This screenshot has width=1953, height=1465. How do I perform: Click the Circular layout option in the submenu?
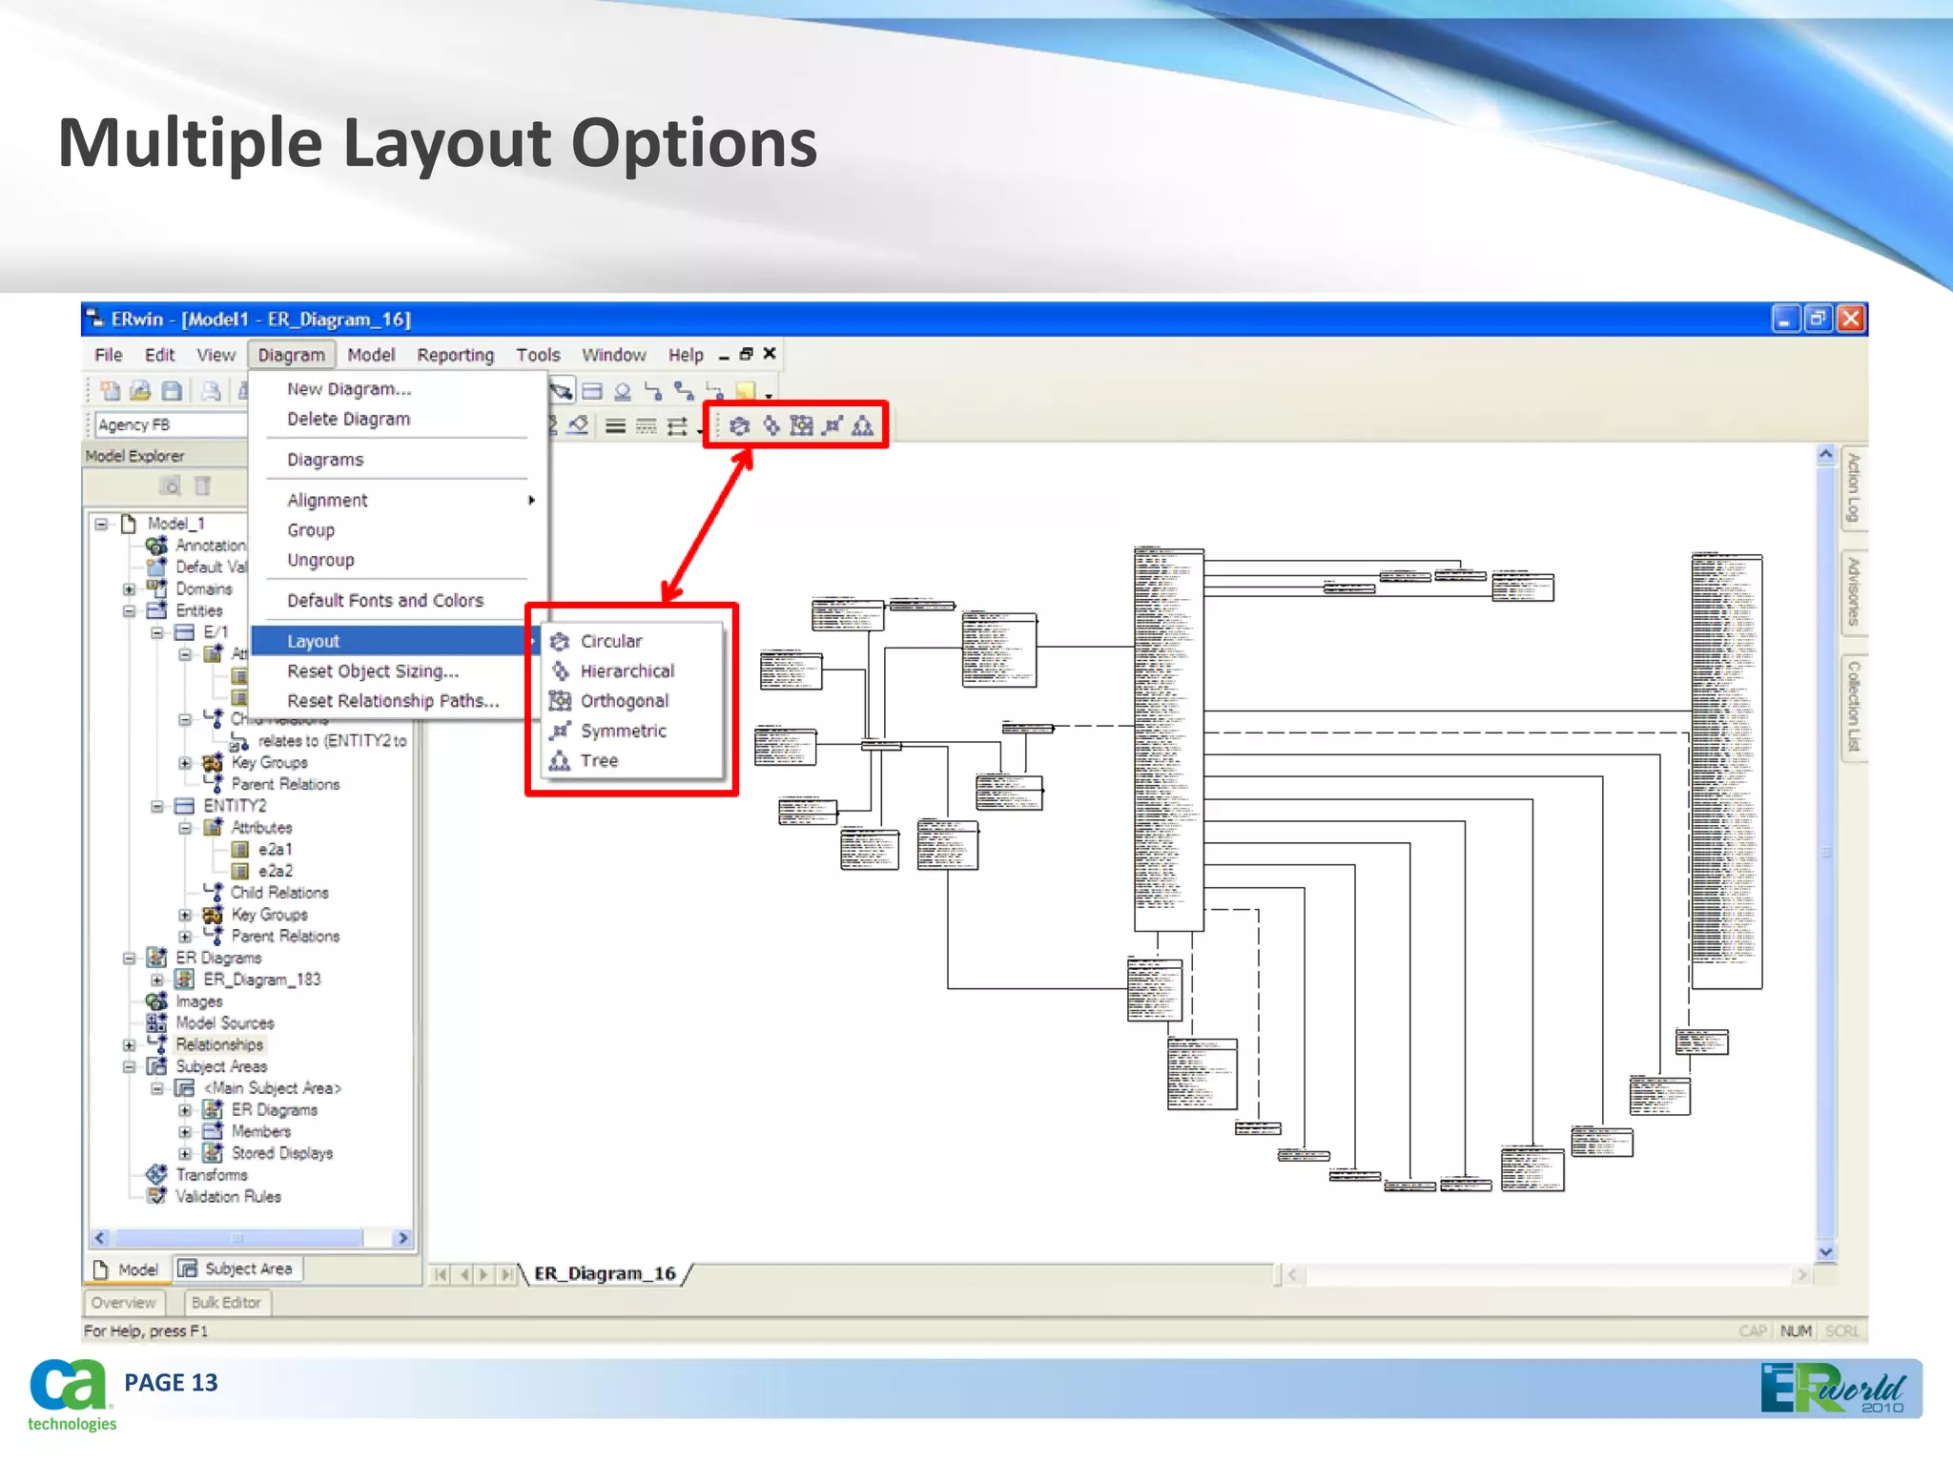click(610, 641)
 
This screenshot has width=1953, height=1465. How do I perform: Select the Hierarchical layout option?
click(627, 671)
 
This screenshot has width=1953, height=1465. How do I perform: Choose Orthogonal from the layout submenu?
click(624, 701)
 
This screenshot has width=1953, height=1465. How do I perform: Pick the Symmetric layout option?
click(623, 731)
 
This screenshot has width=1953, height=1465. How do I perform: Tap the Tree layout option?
click(599, 760)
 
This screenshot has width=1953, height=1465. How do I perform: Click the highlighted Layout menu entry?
click(314, 641)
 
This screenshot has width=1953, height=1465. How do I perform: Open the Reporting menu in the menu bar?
click(455, 355)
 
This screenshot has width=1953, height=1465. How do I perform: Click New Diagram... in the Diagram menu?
click(349, 389)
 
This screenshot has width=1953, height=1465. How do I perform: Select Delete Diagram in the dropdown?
click(348, 419)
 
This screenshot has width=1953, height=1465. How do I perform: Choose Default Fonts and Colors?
click(385, 600)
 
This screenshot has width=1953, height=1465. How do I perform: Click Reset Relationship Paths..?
click(393, 701)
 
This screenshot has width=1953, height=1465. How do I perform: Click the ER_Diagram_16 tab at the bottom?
click(605, 1273)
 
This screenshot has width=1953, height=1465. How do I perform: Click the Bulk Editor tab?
click(226, 1302)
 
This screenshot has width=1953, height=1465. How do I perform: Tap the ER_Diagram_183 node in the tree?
click(261, 980)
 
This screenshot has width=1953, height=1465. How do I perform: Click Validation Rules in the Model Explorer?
click(228, 1196)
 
